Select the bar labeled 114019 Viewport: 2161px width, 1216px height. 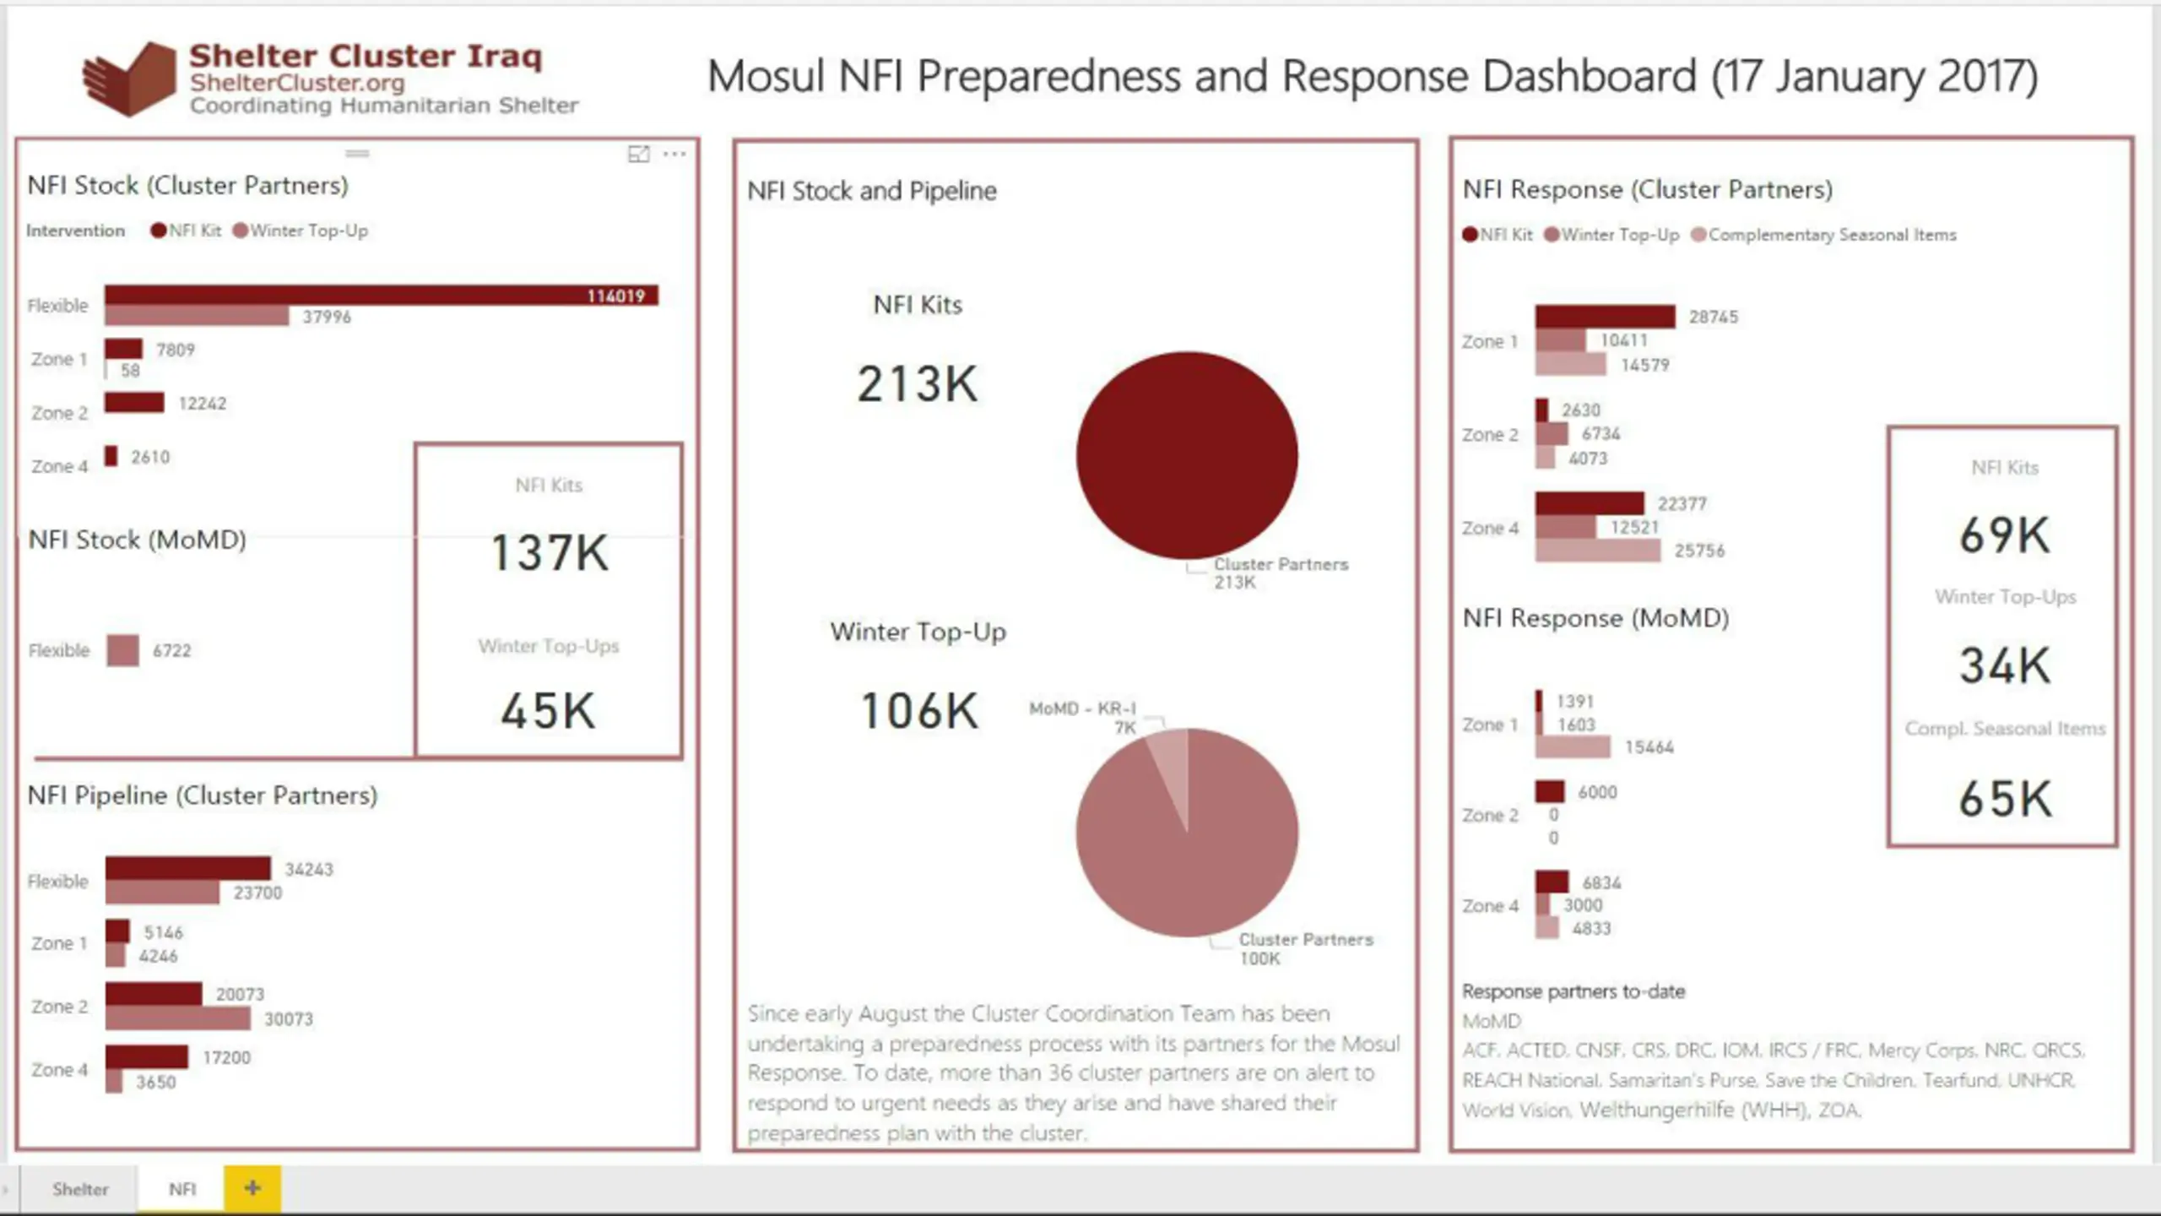380,295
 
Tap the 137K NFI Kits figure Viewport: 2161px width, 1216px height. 550,553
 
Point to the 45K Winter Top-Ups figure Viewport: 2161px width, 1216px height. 549,711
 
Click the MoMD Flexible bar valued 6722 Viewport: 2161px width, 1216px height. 123,650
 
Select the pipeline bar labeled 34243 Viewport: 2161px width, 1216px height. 187,868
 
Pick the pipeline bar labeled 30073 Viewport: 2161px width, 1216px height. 177,1018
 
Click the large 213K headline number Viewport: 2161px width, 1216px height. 918,384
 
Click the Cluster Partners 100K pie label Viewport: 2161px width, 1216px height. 1305,948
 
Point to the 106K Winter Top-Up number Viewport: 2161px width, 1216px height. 919,711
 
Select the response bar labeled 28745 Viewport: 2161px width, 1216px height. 1605,317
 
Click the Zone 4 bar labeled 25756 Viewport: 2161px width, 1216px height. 1597,551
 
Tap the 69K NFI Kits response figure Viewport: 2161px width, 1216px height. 2005,535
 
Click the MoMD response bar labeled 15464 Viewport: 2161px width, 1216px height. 1573,746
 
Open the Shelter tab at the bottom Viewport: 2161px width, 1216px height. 80,1189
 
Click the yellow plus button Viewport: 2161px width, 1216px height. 252,1188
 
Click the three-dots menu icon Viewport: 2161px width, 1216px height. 674,154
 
